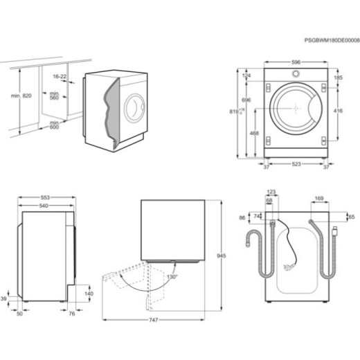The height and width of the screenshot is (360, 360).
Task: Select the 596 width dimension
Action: coord(296,63)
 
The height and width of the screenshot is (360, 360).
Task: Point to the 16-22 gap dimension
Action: coord(60,77)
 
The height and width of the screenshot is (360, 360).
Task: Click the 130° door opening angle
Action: coord(171,277)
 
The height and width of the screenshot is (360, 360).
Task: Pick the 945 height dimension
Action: coord(221,255)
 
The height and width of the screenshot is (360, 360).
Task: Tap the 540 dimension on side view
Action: coord(45,206)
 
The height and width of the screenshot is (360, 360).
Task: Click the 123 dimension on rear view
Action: coord(271,192)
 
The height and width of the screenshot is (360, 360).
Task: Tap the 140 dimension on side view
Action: coord(89,294)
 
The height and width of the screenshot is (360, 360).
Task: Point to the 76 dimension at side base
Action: coord(72,314)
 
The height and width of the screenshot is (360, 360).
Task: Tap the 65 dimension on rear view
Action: coord(351,217)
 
